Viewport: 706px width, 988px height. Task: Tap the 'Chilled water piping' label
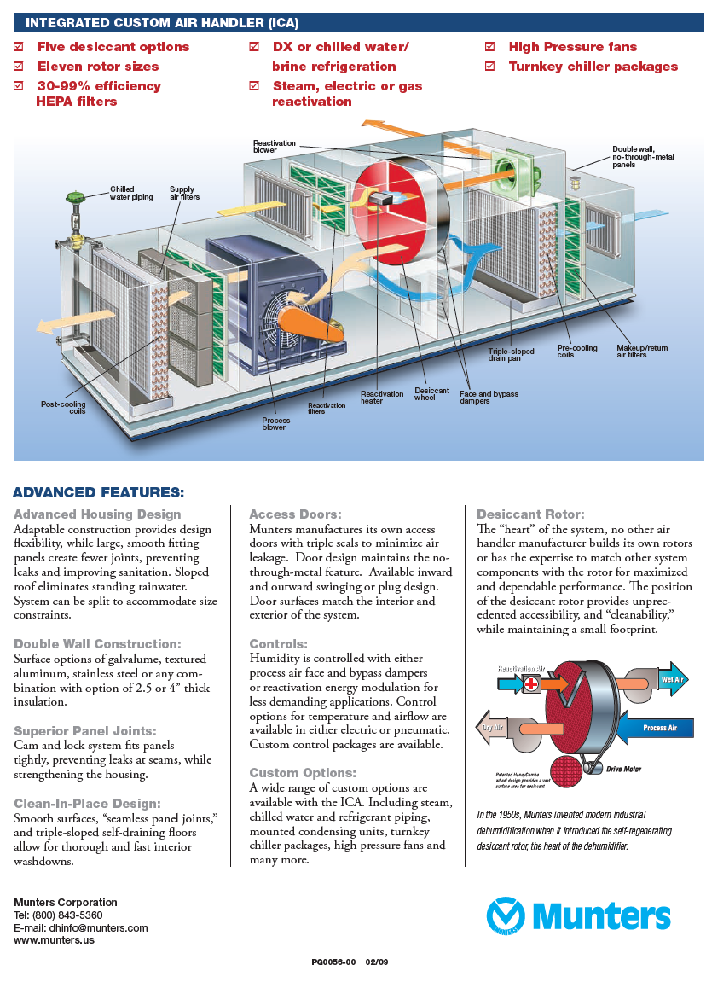pos(131,194)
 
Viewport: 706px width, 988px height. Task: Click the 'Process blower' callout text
pos(275,423)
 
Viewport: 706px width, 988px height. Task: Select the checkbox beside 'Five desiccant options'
pos(19,47)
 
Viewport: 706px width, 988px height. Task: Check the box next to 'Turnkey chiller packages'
pos(489,67)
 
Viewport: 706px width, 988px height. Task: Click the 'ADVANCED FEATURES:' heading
pos(98,492)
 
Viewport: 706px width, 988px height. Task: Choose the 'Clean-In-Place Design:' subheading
pos(87,803)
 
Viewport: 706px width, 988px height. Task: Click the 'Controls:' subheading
pos(278,644)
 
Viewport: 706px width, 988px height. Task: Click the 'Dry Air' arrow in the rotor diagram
pos(492,728)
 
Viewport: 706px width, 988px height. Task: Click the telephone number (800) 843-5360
pos(67,915)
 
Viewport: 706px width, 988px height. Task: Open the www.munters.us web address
pos(54,940)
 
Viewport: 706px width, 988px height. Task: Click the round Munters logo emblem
pos(506,915)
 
